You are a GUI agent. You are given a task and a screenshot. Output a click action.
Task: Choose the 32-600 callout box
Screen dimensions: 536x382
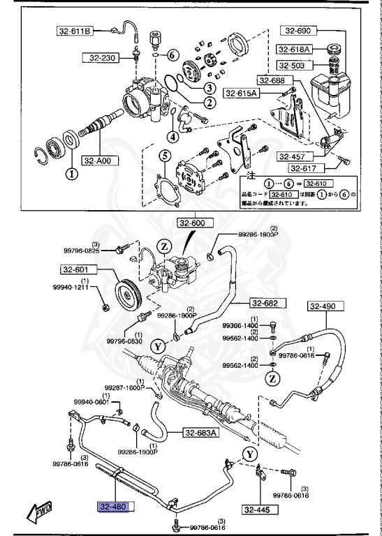click(193, 224)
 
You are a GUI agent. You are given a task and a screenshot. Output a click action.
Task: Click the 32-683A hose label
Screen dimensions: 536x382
click(201, 433)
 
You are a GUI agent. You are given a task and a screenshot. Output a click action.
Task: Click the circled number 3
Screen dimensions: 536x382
click(208, 88)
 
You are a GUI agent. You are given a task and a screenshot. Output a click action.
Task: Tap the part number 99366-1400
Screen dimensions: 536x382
click(240, 325)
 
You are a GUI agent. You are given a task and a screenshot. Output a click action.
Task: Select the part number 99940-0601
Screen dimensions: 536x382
click(92, 401)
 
